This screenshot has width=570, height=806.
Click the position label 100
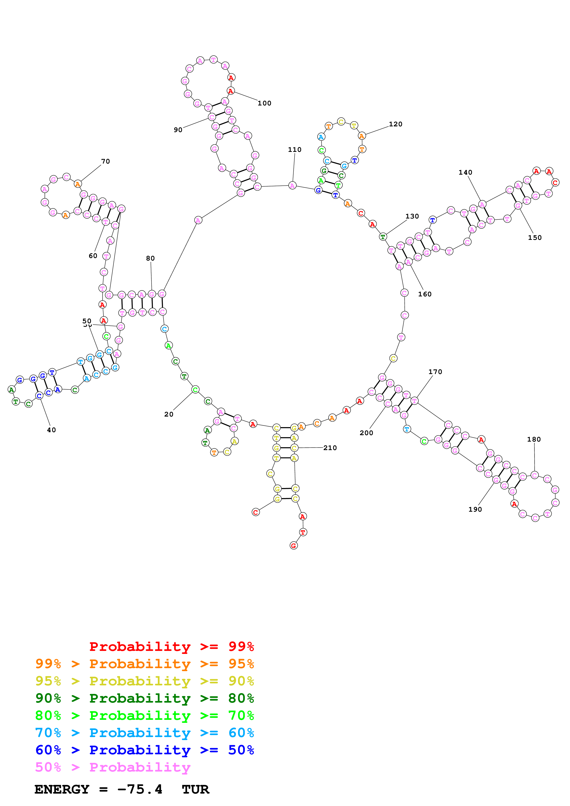point(264,103)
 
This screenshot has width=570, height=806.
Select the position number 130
point(412,216)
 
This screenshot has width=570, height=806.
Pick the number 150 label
point(535,238)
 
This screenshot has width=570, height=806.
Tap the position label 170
point(435,372)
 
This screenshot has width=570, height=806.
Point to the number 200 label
point(366,433)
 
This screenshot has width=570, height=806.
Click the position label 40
point(51,430)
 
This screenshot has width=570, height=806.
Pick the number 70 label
point(105,162)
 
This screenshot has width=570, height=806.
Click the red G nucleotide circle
point(294,545)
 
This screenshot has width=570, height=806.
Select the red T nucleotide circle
point(303,532)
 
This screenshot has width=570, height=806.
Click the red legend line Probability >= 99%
point(171,647)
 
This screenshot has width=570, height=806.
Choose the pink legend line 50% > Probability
point(112,767)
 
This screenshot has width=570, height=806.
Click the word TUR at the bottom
point(195,789)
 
